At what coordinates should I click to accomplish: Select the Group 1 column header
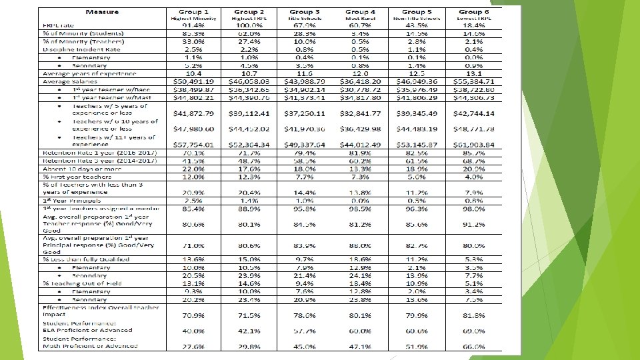coord(193,13)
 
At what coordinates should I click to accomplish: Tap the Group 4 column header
coord(361,13)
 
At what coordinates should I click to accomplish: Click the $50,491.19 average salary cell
coord(194,81)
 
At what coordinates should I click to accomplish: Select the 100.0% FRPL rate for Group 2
coord(249,25)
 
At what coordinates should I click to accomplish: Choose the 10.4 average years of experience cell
coord(194,73)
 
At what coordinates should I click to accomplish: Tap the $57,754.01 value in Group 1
coord(194,145)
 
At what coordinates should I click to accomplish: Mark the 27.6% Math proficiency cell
coord(194,346)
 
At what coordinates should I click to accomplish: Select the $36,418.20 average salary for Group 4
coord(361,81)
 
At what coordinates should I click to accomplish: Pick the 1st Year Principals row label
coord(72,200)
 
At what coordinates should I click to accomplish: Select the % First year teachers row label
coord(74,177)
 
